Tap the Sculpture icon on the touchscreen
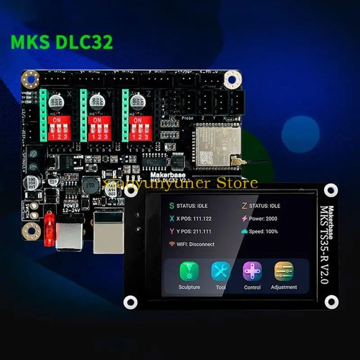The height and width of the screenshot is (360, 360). pos(189,271)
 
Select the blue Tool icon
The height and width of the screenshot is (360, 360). pos(220,271)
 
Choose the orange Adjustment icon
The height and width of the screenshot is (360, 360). pos(284,271)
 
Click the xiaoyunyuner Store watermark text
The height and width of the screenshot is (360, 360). pos(180,184)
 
